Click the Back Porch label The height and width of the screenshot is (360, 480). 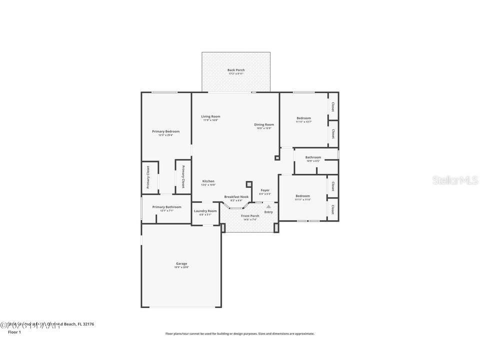pyautogui.click(x=236, y=70)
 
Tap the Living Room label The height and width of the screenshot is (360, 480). pyautogui.click(x=210, y=116)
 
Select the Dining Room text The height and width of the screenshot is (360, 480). pyautogui.click(x=264, y=124)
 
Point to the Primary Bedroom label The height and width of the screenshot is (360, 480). pyautogui.click(x=165, y=131)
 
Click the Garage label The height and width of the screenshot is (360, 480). pyautogui.click(x=181, y=263)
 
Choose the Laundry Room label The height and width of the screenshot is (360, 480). pyautogui.click(x=205, y=211)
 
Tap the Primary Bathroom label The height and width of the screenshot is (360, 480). pyautogui.click(x=166, y=207)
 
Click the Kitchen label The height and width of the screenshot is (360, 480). pyautogui.click(x=208, y=181)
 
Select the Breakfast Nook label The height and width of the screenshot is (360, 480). pyautogui.click(x=236, y=196)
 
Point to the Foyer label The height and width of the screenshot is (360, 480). pyautogui.click(x=265, y=190)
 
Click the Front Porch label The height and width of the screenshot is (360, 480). pyautogui.click(x=250, y=216)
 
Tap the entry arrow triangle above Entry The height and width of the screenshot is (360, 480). pyautogui.click(x=268, y=206)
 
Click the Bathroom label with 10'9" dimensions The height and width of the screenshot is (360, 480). pyautogui.click(x=313, y=157)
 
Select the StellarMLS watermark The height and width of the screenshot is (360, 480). pyautogui.click(x=455, y=180)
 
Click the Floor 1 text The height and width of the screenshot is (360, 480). pyautogui.click(x=13, y=332)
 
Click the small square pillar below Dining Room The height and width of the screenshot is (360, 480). pyautogui.click(x=277, y=158)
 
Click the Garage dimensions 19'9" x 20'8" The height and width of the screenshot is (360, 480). pyautogui.click(x=181, y=267)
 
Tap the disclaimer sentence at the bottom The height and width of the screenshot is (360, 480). pyautogui.click(x=240, y=333)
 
